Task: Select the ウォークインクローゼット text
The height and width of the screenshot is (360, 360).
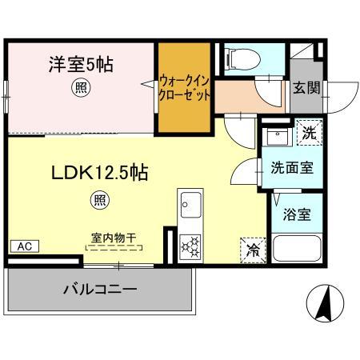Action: click(186, 87)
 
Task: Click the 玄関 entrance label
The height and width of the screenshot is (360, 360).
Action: click(306, 87)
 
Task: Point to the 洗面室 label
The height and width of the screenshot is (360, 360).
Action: click(286, 169)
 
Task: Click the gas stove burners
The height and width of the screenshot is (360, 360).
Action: click(192, 243)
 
